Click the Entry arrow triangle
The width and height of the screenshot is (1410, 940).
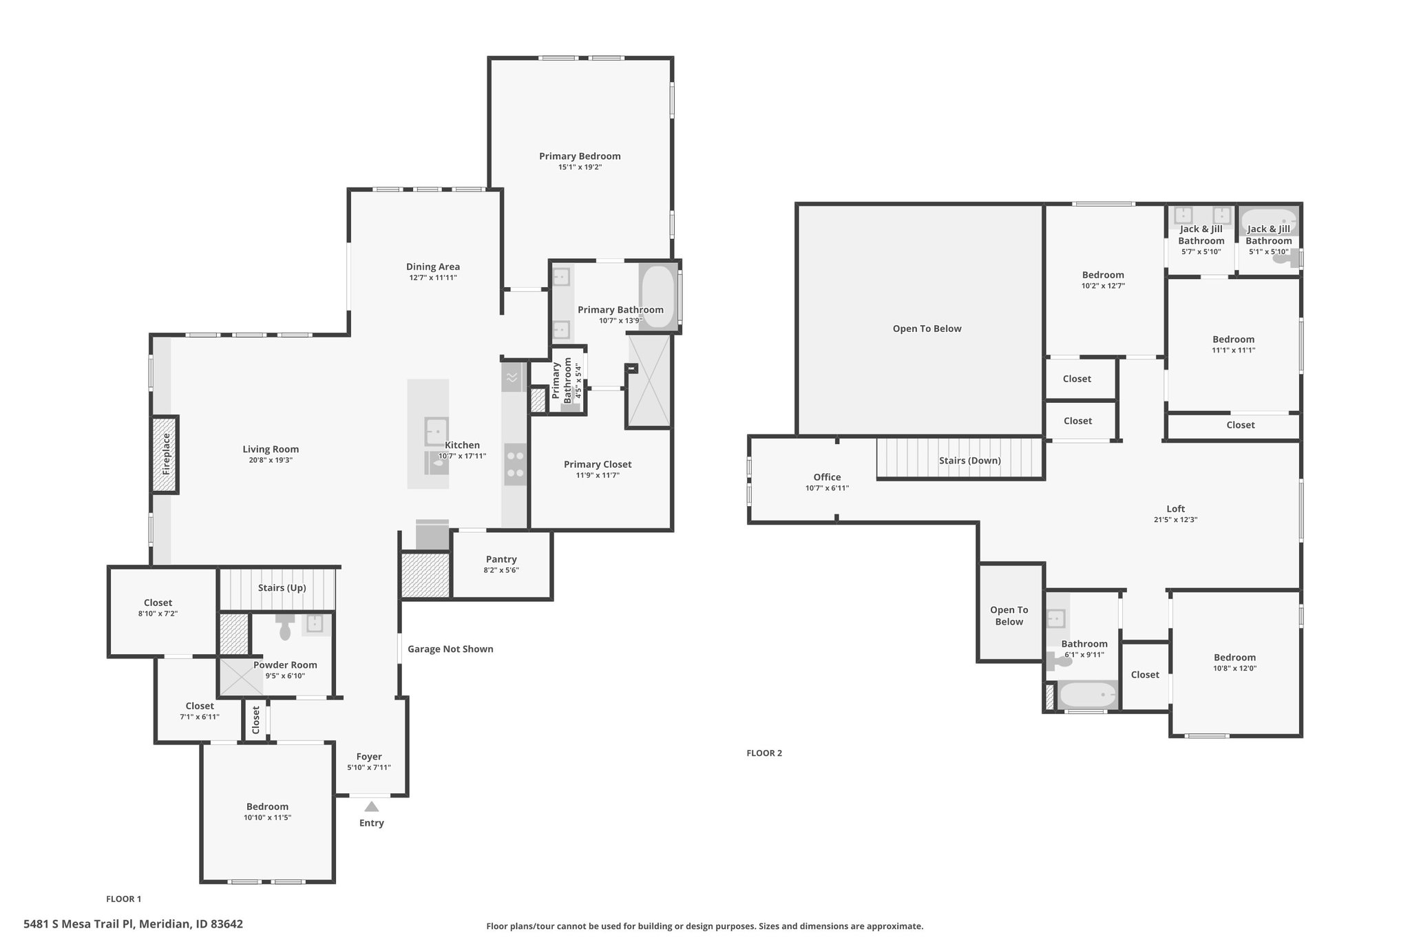(x=371, y=806)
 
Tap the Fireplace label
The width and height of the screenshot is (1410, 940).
(x=166, y=454)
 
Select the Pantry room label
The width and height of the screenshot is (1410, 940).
(x=501, y=559)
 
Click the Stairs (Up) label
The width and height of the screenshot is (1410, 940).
(x=282, y=587)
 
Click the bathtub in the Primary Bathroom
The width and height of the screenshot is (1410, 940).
(x=658, y=296)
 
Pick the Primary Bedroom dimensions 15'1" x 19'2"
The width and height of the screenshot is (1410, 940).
(x=580, y=167)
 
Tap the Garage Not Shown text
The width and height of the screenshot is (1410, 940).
(x=450, y=649)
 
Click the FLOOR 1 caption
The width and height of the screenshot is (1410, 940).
(x=124, y=899)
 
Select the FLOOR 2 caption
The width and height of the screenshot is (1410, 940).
(x=764, y=753)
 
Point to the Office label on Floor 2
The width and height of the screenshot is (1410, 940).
(x=827, y=477)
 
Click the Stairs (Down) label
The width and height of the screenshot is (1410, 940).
(x=970, y=460)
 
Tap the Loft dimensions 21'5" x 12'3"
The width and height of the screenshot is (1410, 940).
(x=1176, y=520)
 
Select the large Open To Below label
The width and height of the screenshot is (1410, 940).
(x=927, y=328)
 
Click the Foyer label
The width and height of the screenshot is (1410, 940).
(x=369, y=756)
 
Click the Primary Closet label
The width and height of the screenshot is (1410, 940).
(x=598, y=464)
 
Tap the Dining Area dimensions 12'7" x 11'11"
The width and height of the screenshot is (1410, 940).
(x=433, y=278)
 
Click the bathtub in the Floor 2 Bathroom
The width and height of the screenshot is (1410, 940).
(x=1088, y=695)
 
